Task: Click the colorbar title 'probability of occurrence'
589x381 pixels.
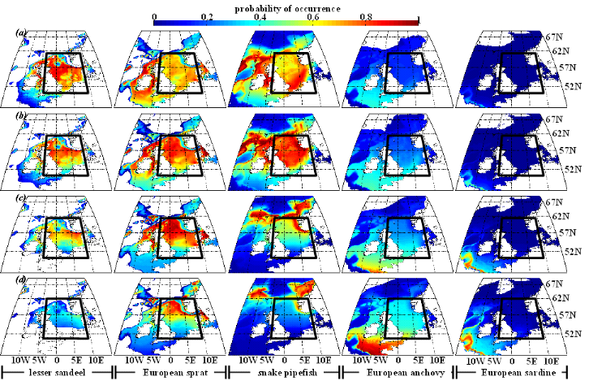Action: (288, 6)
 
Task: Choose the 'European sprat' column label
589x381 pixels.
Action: (172, 372)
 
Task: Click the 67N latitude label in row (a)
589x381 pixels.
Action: (556, 37)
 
